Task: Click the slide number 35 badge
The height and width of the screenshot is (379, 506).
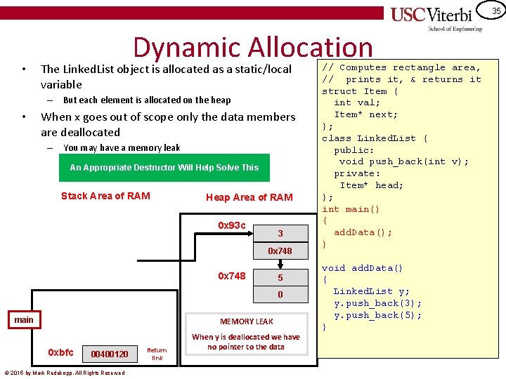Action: [x=495, y=11]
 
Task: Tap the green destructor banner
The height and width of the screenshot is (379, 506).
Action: [x=164, y=168]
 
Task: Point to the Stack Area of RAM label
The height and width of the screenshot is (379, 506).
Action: [x=105, y=196]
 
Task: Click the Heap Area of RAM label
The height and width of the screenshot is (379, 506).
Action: [x=249, y=197]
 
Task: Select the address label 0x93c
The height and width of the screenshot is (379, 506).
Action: [x=232, y=225]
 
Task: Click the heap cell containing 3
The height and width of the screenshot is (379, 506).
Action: [x=280, y=233]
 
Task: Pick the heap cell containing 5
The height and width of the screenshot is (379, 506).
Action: [x=280, y=277]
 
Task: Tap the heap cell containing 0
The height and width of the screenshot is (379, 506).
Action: [x=280, y=295]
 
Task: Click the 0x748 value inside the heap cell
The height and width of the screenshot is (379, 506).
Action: [x=280, y=251]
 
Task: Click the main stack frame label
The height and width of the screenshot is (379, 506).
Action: [x=24, y=320]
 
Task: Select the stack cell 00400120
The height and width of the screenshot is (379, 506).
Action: [x=110, y=354]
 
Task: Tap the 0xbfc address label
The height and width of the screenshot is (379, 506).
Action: [x=60, y=352]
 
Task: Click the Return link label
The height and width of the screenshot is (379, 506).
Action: [x=157, y=353]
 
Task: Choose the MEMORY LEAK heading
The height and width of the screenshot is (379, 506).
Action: [x=246, y=321]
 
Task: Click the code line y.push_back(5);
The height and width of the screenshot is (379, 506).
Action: [x=378, y=315]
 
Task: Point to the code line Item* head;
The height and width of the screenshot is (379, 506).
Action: [x=371, y=185]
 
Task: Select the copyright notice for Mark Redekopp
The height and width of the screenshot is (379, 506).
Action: [x=64, y=373]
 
